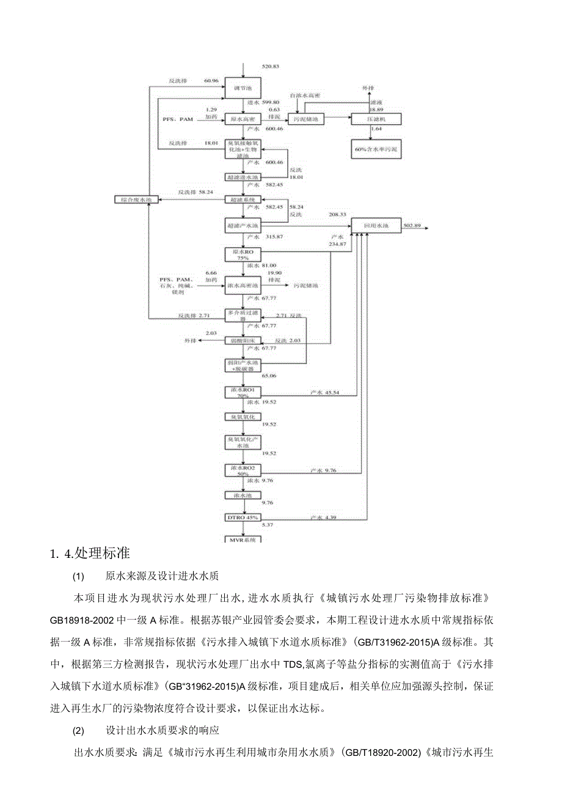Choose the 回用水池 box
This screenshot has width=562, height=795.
(x=376, y=226)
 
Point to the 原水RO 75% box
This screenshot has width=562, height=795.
(x=243, y=254)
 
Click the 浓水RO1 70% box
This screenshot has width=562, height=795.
(x=243, y=392)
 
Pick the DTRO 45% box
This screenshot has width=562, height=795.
(x=243, y=518)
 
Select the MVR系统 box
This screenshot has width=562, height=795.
(x=243, y=540)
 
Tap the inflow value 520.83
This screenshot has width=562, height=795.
(x=270, y=66)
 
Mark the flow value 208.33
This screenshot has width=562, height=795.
(x=337, y=214)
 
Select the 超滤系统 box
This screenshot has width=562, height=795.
(x=243, y=199)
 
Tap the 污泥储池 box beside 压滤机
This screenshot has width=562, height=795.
(x=306, y=119)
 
